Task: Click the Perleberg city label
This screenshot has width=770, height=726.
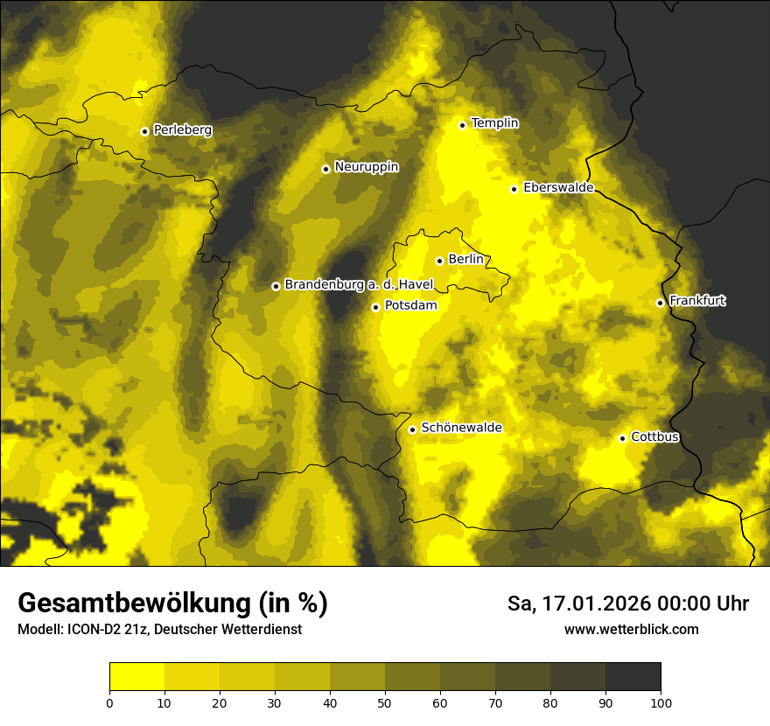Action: [x=182, y=130]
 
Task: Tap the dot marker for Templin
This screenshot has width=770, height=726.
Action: [x=462, y=125]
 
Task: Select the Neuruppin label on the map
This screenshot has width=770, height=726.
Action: [x=366, y=167]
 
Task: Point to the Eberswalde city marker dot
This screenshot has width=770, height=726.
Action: [x=514, y=189]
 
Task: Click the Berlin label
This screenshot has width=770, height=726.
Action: [x=465, y=260]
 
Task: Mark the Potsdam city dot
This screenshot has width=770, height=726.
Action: [x=375, y=307]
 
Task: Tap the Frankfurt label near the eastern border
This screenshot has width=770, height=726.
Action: [x=696, y=301]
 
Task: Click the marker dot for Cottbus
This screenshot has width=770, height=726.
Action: [x=622, y=438]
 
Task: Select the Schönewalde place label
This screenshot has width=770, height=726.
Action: [x=461, y=428]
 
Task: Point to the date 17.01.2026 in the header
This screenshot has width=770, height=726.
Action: [x=602, y=604]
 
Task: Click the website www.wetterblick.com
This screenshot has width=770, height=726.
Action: [x=631, y=629]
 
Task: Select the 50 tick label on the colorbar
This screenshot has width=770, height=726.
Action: [x=385, y=702]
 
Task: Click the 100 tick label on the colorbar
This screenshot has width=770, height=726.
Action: [x=661, y=702]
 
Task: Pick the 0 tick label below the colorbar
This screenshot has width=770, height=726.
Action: [x=109, y=702]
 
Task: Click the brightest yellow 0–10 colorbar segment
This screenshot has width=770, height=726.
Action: [x=136, y=677]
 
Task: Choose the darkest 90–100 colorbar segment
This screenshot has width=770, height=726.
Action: [x=633, y=677]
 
